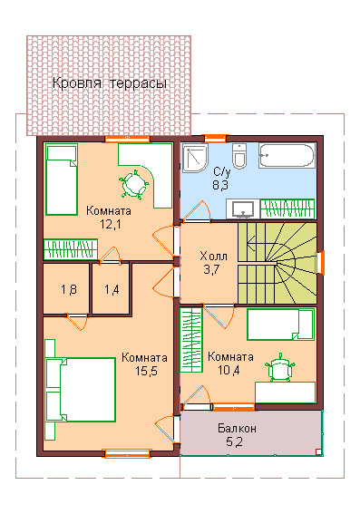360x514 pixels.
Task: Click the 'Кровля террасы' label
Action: (x=110, y=83)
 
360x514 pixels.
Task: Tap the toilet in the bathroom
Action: (x=240, y=155)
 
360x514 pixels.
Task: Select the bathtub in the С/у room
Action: (x=287, y=155)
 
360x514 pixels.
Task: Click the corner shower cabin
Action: (x=195, y=158)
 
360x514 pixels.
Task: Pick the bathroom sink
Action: (x=243, y=209)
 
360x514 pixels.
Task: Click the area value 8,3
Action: (x=220, y=185)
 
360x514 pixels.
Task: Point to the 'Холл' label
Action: (x=213, y=256)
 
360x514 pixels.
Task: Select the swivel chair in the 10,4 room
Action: (x=281, y=367)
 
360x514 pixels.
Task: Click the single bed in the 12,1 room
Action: (x=62, y=179)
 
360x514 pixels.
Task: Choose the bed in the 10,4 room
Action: (x=281, y=325)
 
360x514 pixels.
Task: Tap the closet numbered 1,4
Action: (x=112, y=289)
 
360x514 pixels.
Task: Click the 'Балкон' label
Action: (x=237, y=428)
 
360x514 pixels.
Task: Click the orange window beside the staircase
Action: (x=320, y=262)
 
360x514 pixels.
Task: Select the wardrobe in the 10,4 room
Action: (x=191, y=339)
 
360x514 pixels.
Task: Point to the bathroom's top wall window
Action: (x=215, y=139)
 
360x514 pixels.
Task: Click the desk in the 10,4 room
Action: (x=286, y=393)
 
